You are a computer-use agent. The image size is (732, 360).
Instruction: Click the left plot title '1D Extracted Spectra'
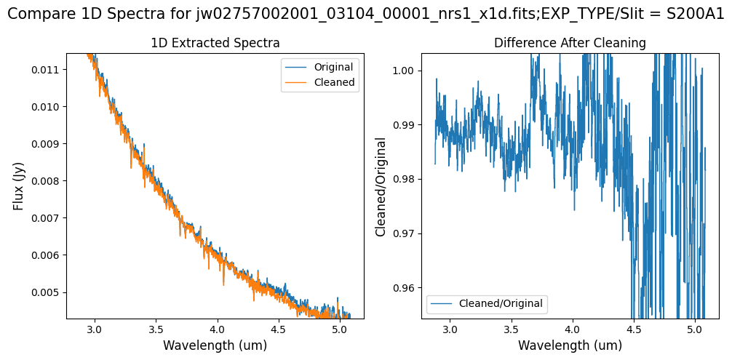point(215,44)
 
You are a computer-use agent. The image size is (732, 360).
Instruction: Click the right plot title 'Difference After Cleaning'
point(570,44)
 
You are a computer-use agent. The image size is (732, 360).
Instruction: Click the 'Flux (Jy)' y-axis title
point(19,186)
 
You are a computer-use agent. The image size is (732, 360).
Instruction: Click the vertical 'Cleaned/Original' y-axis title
point(380,186)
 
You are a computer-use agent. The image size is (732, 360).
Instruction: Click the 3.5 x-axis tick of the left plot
point(156,330)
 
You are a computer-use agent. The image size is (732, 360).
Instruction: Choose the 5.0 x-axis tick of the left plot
point(340,330)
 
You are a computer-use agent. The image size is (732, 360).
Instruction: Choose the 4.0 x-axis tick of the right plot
point(573,330)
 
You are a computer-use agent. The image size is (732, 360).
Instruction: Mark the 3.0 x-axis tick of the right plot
point(450,330)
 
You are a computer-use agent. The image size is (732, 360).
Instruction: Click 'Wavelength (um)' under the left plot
point(215,346)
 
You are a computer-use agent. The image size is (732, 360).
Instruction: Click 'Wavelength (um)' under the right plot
point(570,346)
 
